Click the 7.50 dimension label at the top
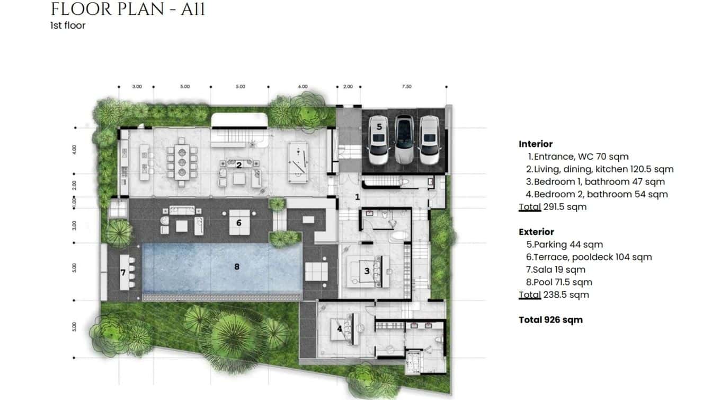pos(406,86)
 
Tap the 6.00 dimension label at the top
pos(303,86)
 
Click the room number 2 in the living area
pos(239,165)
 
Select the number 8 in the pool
pos(237,266)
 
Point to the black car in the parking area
pos(404,139)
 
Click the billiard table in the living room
pos(298,163)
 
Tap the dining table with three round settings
pos(182,162)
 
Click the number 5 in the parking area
pos(379,127)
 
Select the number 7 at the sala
pos(123,272)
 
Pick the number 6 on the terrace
pos(239,223)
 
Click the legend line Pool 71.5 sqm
pos(559,282)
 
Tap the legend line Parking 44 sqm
pos(564,245)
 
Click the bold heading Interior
pos(536,144)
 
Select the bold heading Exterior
pos(536,232)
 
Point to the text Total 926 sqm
pos(550,319)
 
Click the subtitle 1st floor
pos(68,25)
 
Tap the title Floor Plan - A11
pos(128,9)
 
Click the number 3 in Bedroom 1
pos(367,271)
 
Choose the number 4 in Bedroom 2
pos(339,328)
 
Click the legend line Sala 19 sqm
pos(555,269)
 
